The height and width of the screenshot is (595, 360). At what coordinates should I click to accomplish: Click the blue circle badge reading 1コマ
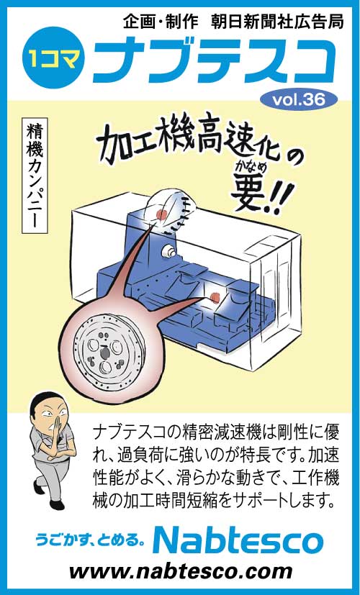pos(53,58)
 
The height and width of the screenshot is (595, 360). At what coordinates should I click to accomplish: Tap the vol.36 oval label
pos(299,99)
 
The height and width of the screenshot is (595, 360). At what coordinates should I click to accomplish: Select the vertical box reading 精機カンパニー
pos(35,176)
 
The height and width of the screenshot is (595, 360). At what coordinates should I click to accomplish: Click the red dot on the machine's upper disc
pos(162,215)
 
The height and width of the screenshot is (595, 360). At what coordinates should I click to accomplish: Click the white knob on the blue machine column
pos(168,251)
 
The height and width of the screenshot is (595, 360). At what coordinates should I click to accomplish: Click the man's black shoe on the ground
pos(57,504)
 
